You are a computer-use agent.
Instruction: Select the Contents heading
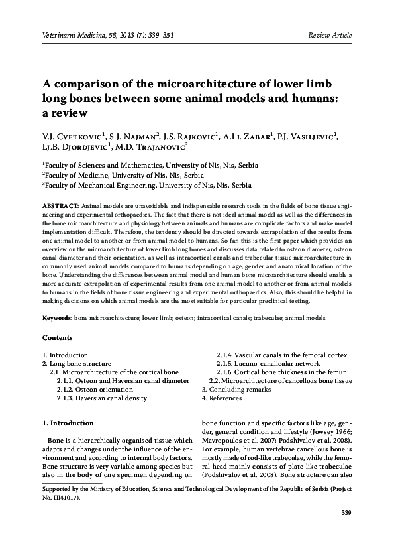58,338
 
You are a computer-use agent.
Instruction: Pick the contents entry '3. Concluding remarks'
236,390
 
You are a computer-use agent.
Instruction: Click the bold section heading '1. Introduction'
68,422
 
